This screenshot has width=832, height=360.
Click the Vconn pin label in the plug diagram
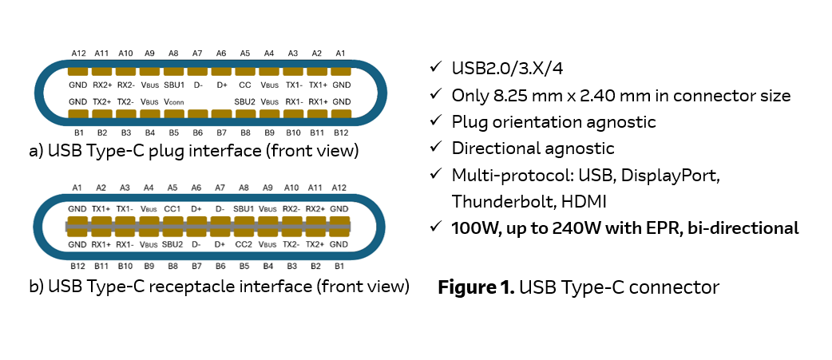coord(173,102)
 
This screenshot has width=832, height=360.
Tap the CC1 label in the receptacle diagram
coord(173,208)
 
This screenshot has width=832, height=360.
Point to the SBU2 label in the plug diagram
coord(245,102)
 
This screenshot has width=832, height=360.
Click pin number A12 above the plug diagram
coord(78,53)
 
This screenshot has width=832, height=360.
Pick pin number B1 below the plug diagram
coord(78,132)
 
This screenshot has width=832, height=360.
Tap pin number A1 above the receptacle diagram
coord(77,188)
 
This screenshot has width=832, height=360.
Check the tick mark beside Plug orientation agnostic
coord(435,121)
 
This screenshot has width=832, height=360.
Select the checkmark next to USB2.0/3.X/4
coord(435,69)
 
